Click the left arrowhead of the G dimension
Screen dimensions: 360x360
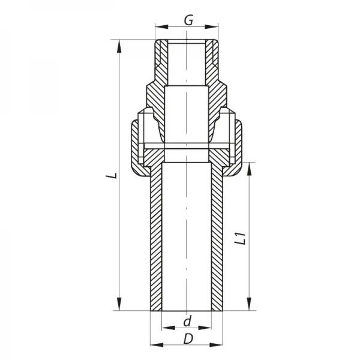159,26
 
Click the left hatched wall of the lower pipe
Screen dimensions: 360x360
155,240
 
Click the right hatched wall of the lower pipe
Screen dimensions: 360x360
217,240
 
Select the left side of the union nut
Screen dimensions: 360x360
134,147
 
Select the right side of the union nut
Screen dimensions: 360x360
238,147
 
